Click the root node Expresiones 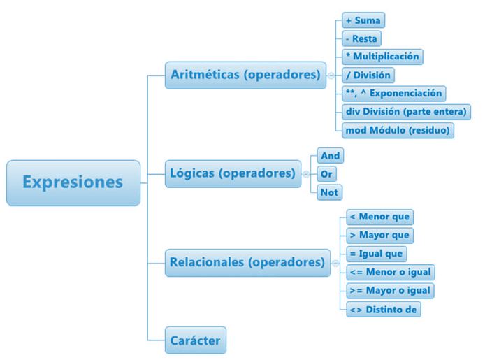[x=73, y=182]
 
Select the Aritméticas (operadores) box [x=245, y=75]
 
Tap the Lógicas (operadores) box [x=233, y=174]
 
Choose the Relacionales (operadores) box [x=248, y=263]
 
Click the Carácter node [x=196, y=340]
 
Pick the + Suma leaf [x=363, y=20]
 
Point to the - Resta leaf [x=361, y=38]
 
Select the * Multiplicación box [x=382, y=57]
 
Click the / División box [x=368, y=75]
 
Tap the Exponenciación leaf [x=393, y=94]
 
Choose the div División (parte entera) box [x=407, y=112]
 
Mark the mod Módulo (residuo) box [x=398, y=130]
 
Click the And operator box [x=331, y=156]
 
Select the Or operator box [x=326, y=174]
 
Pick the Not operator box [x=330, y=192]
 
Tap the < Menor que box [x=380, y=217]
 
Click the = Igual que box [x=377, y=254]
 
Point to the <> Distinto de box [x=384, y=309]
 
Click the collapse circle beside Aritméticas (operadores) [x=331, y=75]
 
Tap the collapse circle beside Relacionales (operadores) [x=335, y=264]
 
